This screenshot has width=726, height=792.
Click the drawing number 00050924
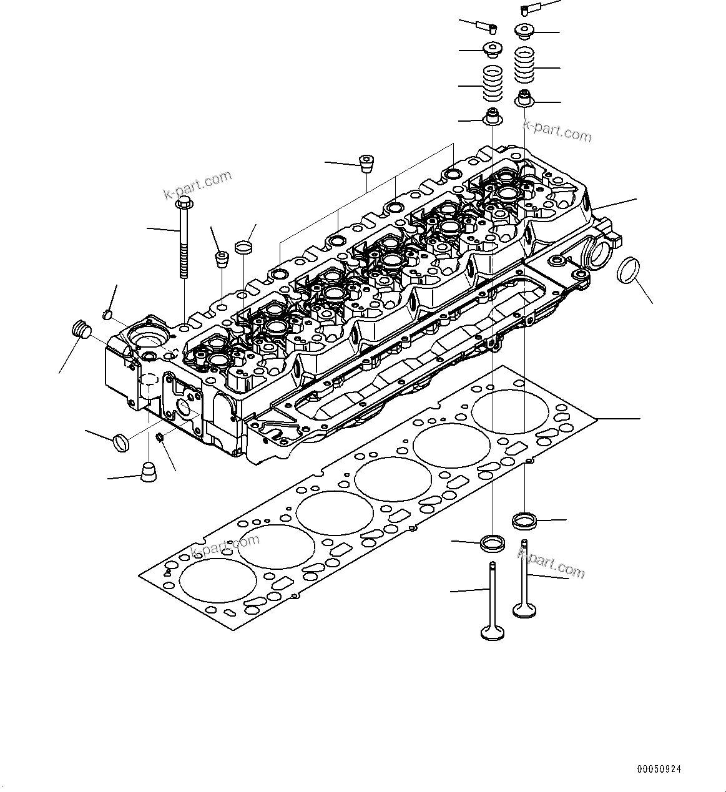point(659,769)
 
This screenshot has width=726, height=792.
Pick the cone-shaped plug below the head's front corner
point(148,472)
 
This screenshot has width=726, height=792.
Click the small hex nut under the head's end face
point(160,437)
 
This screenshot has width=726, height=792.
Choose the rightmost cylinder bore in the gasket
point(511,411)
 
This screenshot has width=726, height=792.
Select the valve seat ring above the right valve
point(524,519)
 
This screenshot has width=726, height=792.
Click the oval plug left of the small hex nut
point(120,442)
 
